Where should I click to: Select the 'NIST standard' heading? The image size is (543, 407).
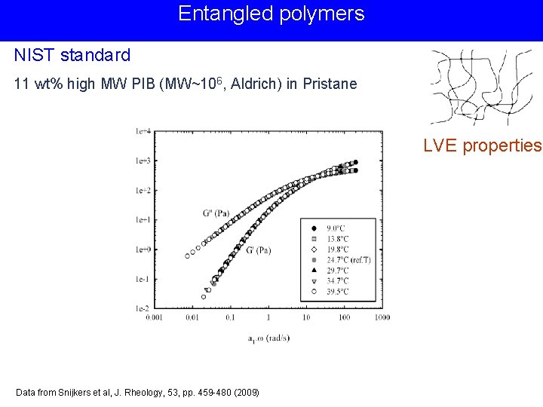tap(72, 55)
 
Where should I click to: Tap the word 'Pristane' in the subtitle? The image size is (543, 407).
tap(330, 84)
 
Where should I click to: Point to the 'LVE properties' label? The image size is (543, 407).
tap(482, 145)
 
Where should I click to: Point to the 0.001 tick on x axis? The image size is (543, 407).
tap(153, 318)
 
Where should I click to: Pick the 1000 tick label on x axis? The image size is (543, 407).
tap(382, 318)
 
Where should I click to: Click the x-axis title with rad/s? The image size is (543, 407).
tap(268, 338)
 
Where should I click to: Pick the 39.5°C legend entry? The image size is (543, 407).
tap(337, 291)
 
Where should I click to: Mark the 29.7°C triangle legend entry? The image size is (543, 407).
tap(337, 269)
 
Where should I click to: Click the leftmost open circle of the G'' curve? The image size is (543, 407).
tap(188, 256)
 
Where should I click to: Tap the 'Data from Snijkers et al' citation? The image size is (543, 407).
tap(137, 393)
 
